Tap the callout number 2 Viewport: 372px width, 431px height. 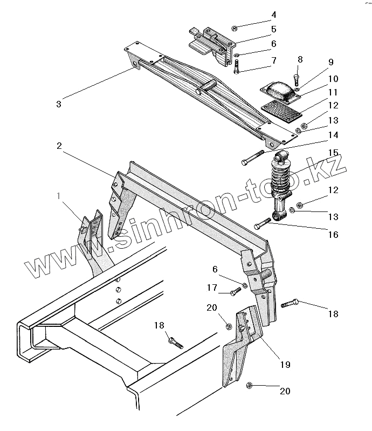[58, 146]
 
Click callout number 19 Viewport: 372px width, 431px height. [285, 365]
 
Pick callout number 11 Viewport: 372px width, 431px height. [333, 93]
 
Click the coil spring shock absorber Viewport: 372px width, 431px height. [281, 184]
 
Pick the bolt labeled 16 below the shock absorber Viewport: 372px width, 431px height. [263, 223]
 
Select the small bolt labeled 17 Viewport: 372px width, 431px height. [235, 292]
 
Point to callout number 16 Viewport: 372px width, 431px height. [333, 235]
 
